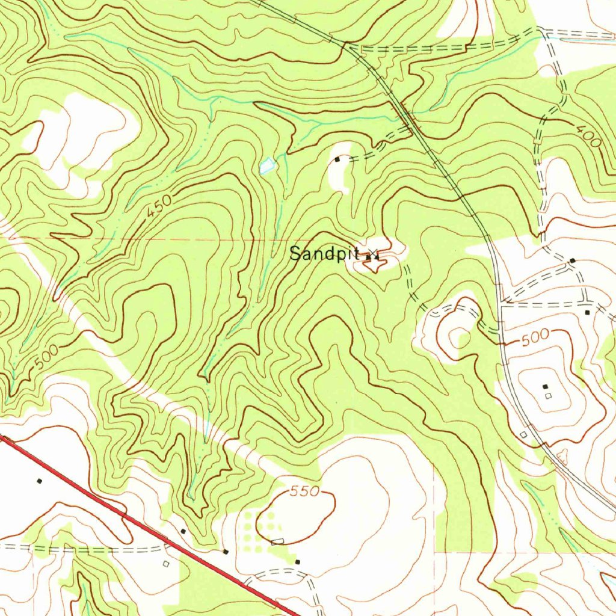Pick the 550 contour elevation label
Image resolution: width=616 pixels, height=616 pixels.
(x=304, y=491)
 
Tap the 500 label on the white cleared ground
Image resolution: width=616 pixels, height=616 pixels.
(x=535, y=338)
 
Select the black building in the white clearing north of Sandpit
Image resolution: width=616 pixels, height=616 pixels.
(x=337, y=160)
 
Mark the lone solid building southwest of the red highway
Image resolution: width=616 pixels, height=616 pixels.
(x=40, y=481)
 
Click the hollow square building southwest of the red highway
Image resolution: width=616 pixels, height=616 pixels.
(x=166, y=564)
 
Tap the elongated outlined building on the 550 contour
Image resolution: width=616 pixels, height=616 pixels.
(x=277, y=542)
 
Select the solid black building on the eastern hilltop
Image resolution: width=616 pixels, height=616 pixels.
(x=545, y=386)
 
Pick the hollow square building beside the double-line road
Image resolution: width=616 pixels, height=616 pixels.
(x=523, y=434)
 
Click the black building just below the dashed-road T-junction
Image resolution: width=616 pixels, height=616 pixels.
(x=587, y=312)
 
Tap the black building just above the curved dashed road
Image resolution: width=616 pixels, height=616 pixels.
(x=298, y=561)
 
